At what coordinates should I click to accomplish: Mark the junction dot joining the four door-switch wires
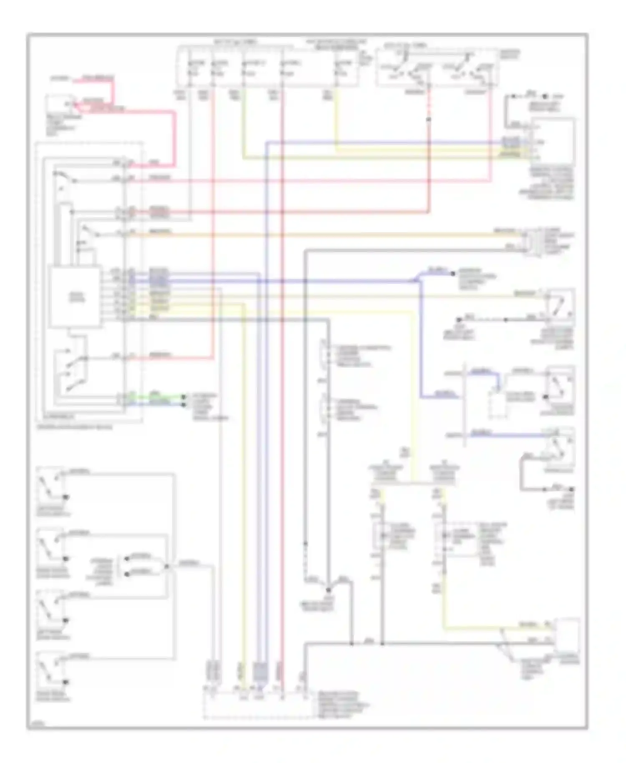coord(166,566)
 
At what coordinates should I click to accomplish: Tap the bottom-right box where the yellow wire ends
coord(567,635)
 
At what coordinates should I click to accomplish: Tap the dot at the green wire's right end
coord(184,395)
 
